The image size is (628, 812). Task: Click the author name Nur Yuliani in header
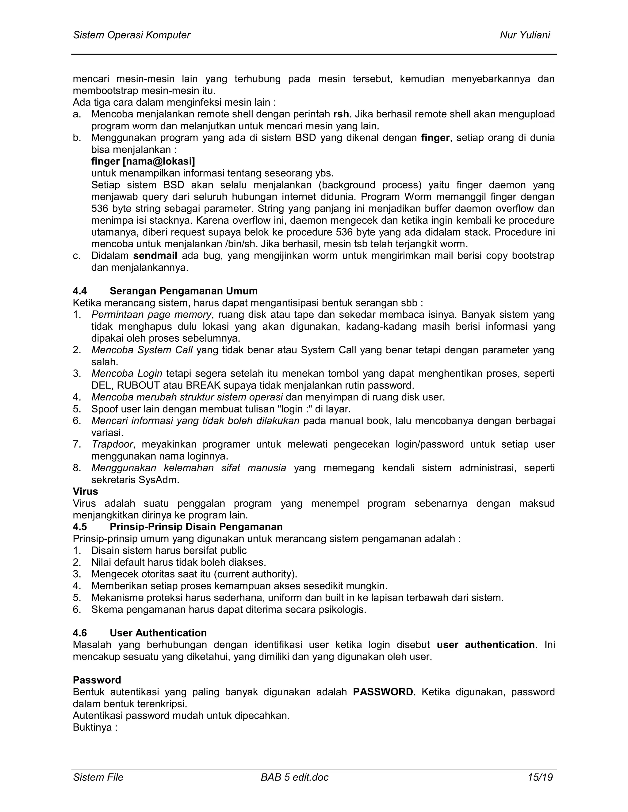click(525, 35)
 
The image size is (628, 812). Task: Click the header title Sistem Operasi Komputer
click(131, 35)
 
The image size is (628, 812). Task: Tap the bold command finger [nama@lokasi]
click(143, 161)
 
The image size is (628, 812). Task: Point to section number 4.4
click(80, 291)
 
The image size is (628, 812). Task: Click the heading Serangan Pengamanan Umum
click(183, 291)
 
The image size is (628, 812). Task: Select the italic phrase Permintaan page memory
click(151, 315)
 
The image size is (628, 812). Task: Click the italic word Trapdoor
click(112, 444)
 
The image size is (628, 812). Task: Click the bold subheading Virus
click(86, 491)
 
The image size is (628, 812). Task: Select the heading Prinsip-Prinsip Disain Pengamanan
click(196, 527)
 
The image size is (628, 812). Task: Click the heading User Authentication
click(158, 633)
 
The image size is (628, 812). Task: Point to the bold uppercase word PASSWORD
click(383, 692)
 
